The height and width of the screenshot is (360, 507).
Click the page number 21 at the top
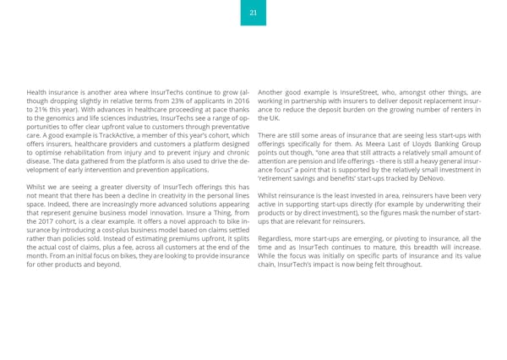pyautogui.click(x=253, y=13)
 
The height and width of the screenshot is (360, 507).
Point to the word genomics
pyautogui.click(x=58, y=118)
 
